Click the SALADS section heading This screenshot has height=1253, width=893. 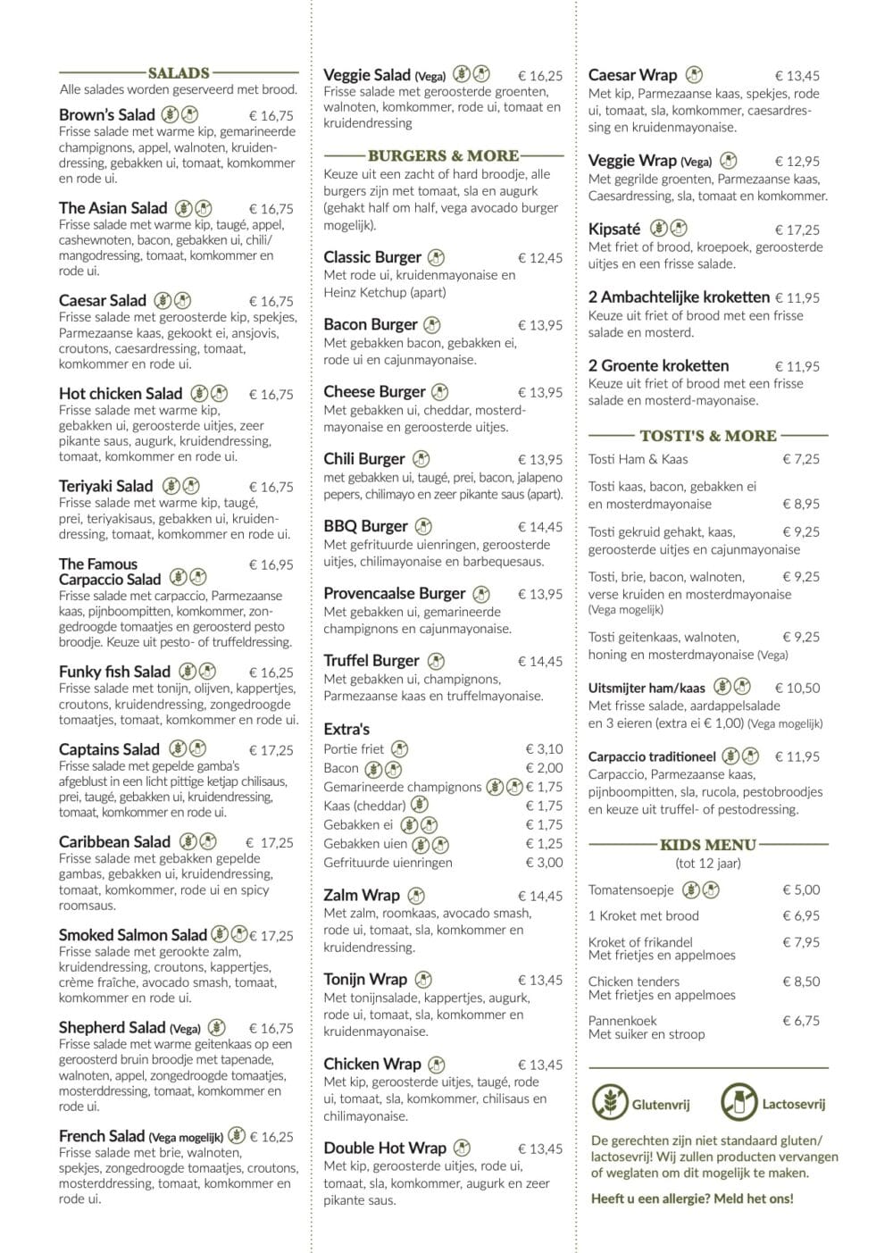coord(179,73)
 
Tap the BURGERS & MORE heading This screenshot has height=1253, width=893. coord(443,155)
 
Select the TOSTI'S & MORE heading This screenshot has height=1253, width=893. coord(708,436)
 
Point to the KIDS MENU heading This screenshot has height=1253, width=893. coord(708,845)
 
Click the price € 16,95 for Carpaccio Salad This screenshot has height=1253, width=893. coord(271,564)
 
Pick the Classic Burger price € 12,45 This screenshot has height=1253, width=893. coord(540,258)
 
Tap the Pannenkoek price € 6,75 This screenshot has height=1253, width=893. coord(800,1021)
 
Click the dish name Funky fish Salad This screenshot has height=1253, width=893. coord(114,672)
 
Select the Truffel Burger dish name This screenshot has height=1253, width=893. coord(371,661)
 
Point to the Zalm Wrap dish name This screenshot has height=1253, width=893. coord(362,895)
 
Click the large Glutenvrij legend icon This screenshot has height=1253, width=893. coord(610,1103)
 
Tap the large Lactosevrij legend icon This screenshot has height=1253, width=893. coord(739,1103)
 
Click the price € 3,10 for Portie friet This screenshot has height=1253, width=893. coord(544,749)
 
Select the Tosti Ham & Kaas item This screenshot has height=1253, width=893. coord(638,459)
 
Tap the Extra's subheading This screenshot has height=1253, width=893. coord(346,729)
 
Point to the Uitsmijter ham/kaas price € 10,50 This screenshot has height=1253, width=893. coord(797,689)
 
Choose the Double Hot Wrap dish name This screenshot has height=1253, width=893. coord(384,1149)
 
